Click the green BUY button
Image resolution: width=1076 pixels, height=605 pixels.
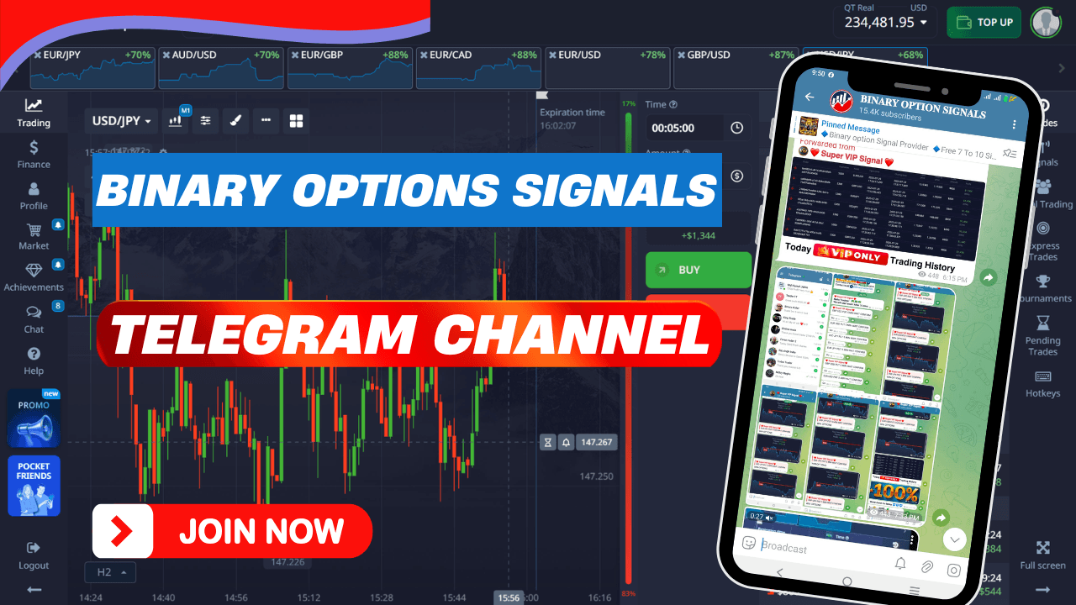click(698, 270)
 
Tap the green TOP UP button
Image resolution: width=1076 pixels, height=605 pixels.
click(984, 23)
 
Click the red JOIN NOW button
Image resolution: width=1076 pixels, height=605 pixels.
click(232, 531)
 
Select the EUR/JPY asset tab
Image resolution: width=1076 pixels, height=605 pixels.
click(92, 67)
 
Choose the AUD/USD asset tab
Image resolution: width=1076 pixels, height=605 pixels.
click(221, 67)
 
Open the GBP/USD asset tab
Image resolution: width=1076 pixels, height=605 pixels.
click(736, 67)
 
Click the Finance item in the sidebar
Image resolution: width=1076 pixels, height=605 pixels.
click(34, 155)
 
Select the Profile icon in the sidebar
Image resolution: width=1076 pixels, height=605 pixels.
click(34, 189)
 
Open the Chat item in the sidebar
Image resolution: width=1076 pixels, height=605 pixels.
click(34, 318)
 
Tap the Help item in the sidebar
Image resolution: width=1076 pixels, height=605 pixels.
click(34, 360)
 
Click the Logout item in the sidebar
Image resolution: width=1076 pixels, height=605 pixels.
click(34, 555)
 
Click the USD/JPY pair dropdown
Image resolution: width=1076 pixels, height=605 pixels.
click(123, 121)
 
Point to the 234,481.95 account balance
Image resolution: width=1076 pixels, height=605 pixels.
click(885, 23)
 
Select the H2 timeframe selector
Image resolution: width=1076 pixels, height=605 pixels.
click(110, 572)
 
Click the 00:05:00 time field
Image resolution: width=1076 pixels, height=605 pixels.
click(683, 129)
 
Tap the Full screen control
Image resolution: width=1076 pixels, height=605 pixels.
click(1042, 555)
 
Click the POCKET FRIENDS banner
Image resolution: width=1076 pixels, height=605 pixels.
click(34, 486)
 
